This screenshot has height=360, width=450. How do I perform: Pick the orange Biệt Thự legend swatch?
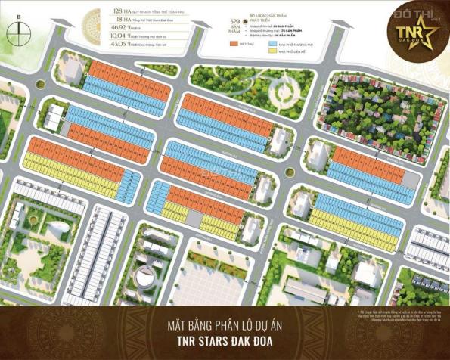(231, 45)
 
